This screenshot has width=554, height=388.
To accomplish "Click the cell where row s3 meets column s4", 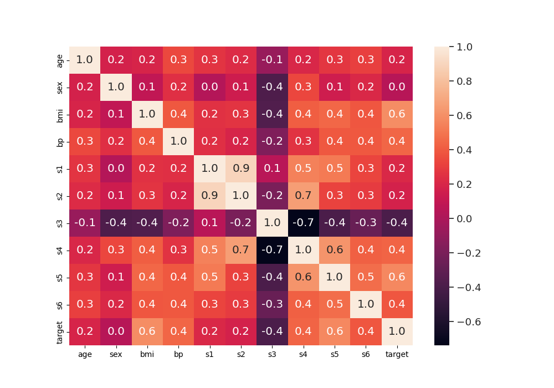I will (303, 223).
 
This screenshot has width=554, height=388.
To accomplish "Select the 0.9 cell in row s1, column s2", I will (241, 169).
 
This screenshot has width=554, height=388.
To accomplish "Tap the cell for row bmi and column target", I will (397, 114).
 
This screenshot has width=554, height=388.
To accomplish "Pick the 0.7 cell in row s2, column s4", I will (303, 196).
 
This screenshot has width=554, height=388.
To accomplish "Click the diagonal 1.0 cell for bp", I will (178, 141).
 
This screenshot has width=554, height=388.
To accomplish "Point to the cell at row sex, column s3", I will (272, 87).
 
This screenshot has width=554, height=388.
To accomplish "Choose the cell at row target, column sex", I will (116, 331).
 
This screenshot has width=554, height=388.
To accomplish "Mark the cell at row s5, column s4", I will (303, 277).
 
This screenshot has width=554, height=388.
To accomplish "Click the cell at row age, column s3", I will (272, 60).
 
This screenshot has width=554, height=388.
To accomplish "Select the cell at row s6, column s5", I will (334, 304).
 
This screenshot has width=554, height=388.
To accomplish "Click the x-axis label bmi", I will (147, 354).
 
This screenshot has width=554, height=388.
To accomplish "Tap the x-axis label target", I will (397, 354).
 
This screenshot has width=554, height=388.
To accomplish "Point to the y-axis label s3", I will (60, 223).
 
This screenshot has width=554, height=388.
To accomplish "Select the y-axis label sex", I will (60, 87).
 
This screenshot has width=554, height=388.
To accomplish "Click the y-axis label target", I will (60, 331).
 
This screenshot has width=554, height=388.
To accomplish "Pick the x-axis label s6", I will (366, 354).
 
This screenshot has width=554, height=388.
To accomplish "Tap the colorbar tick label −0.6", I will (465, 321).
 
